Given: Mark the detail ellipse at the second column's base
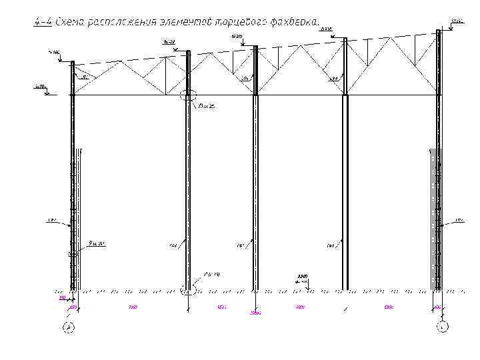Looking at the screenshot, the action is tap(189, 290).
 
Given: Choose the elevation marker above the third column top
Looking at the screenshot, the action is tap(237, 36).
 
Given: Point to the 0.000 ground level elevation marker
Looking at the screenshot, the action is tap(303, 277).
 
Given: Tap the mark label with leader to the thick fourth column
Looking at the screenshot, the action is tap(330, 246).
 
